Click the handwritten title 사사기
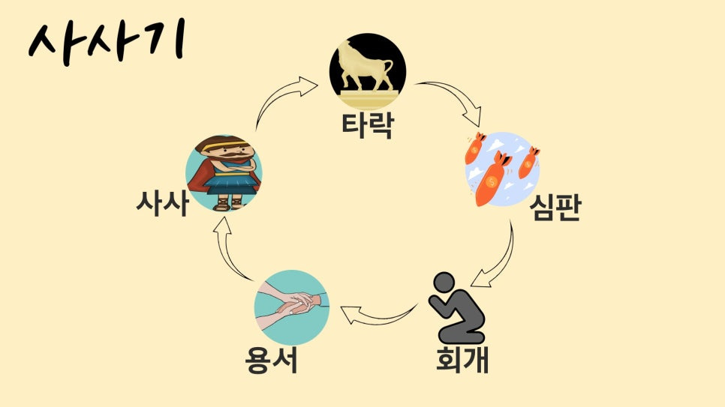[105, 43]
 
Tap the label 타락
[367, 124]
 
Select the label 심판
[554, 208]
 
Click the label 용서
[271, 360]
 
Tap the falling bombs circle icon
[502, 169]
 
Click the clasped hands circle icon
[292, 307]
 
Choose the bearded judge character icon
[224, 172]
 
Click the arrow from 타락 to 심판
[453, 101]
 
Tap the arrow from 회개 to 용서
[378, 315]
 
